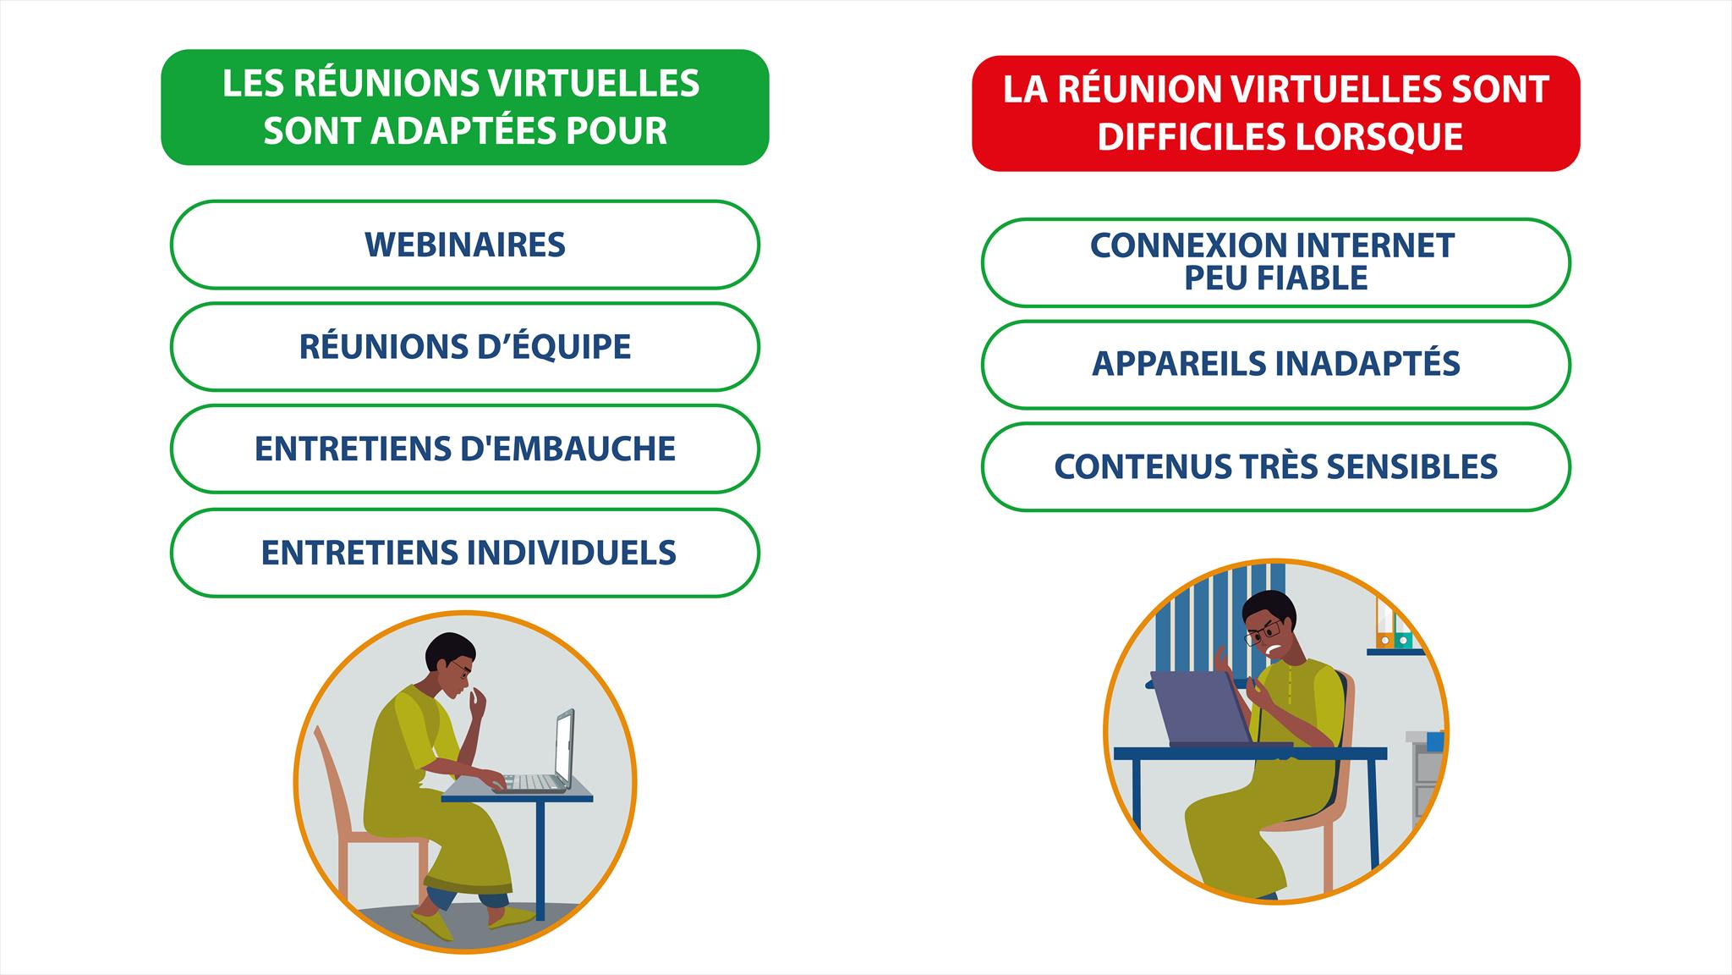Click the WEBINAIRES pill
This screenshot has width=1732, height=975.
[x=464, y=245]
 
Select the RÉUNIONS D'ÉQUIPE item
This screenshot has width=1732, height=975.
[x=464, y=347]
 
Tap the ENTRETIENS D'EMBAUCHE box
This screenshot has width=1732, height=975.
[x=464, y=449]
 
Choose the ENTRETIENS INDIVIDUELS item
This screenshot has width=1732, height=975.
[x=464, y=553]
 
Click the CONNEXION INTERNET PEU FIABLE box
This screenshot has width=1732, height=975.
[x=1275, y=262]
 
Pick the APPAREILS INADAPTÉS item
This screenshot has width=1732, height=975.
[x=1275, y=365]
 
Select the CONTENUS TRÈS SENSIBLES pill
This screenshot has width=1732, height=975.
[x=1275, y=467]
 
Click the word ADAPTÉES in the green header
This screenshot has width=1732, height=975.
[x=461, y=130]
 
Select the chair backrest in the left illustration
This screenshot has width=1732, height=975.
[x=331, y=779]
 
